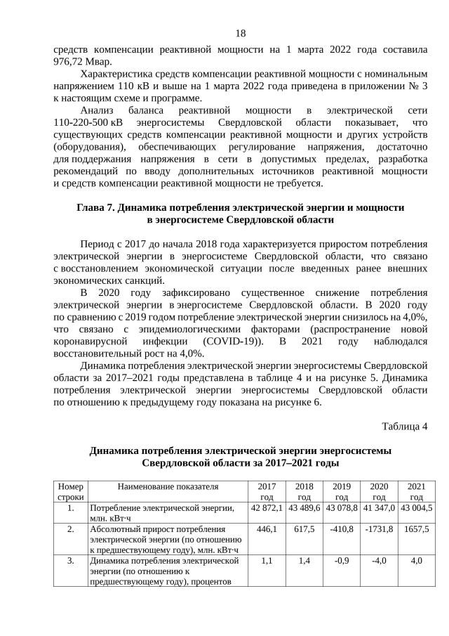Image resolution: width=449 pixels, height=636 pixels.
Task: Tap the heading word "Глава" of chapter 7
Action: click(x=92, y=208)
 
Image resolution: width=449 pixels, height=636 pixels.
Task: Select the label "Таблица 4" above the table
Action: click(x=405, y=426)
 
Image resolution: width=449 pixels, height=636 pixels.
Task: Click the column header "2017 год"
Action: click(x=267, y=491)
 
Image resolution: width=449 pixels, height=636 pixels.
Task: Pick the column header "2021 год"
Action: click(x=417, y=491)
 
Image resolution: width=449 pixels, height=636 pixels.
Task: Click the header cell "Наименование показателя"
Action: click(x=168, y=486)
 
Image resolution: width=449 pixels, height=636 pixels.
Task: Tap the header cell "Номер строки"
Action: click(x=70, y=491)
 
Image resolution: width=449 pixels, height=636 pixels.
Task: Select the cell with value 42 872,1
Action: click(x=267, y=507)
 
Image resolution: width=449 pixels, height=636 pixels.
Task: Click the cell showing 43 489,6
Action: click(x=304, y=507)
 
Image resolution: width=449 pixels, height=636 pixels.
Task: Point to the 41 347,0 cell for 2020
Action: click(x=379, y=507)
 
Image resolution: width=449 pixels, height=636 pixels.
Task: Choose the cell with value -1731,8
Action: click(x=379, y=528)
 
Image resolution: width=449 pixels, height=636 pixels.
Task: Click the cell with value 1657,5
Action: click(x=417, y=528)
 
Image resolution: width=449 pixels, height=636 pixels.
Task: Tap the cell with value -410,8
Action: click(x=342, y=528)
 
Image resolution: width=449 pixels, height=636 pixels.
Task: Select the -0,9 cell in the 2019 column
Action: click(x=342, y=561)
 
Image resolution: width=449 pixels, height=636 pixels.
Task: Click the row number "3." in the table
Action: click(x=70, y=561)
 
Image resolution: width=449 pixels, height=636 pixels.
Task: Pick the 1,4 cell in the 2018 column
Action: click(x=304, y=561)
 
